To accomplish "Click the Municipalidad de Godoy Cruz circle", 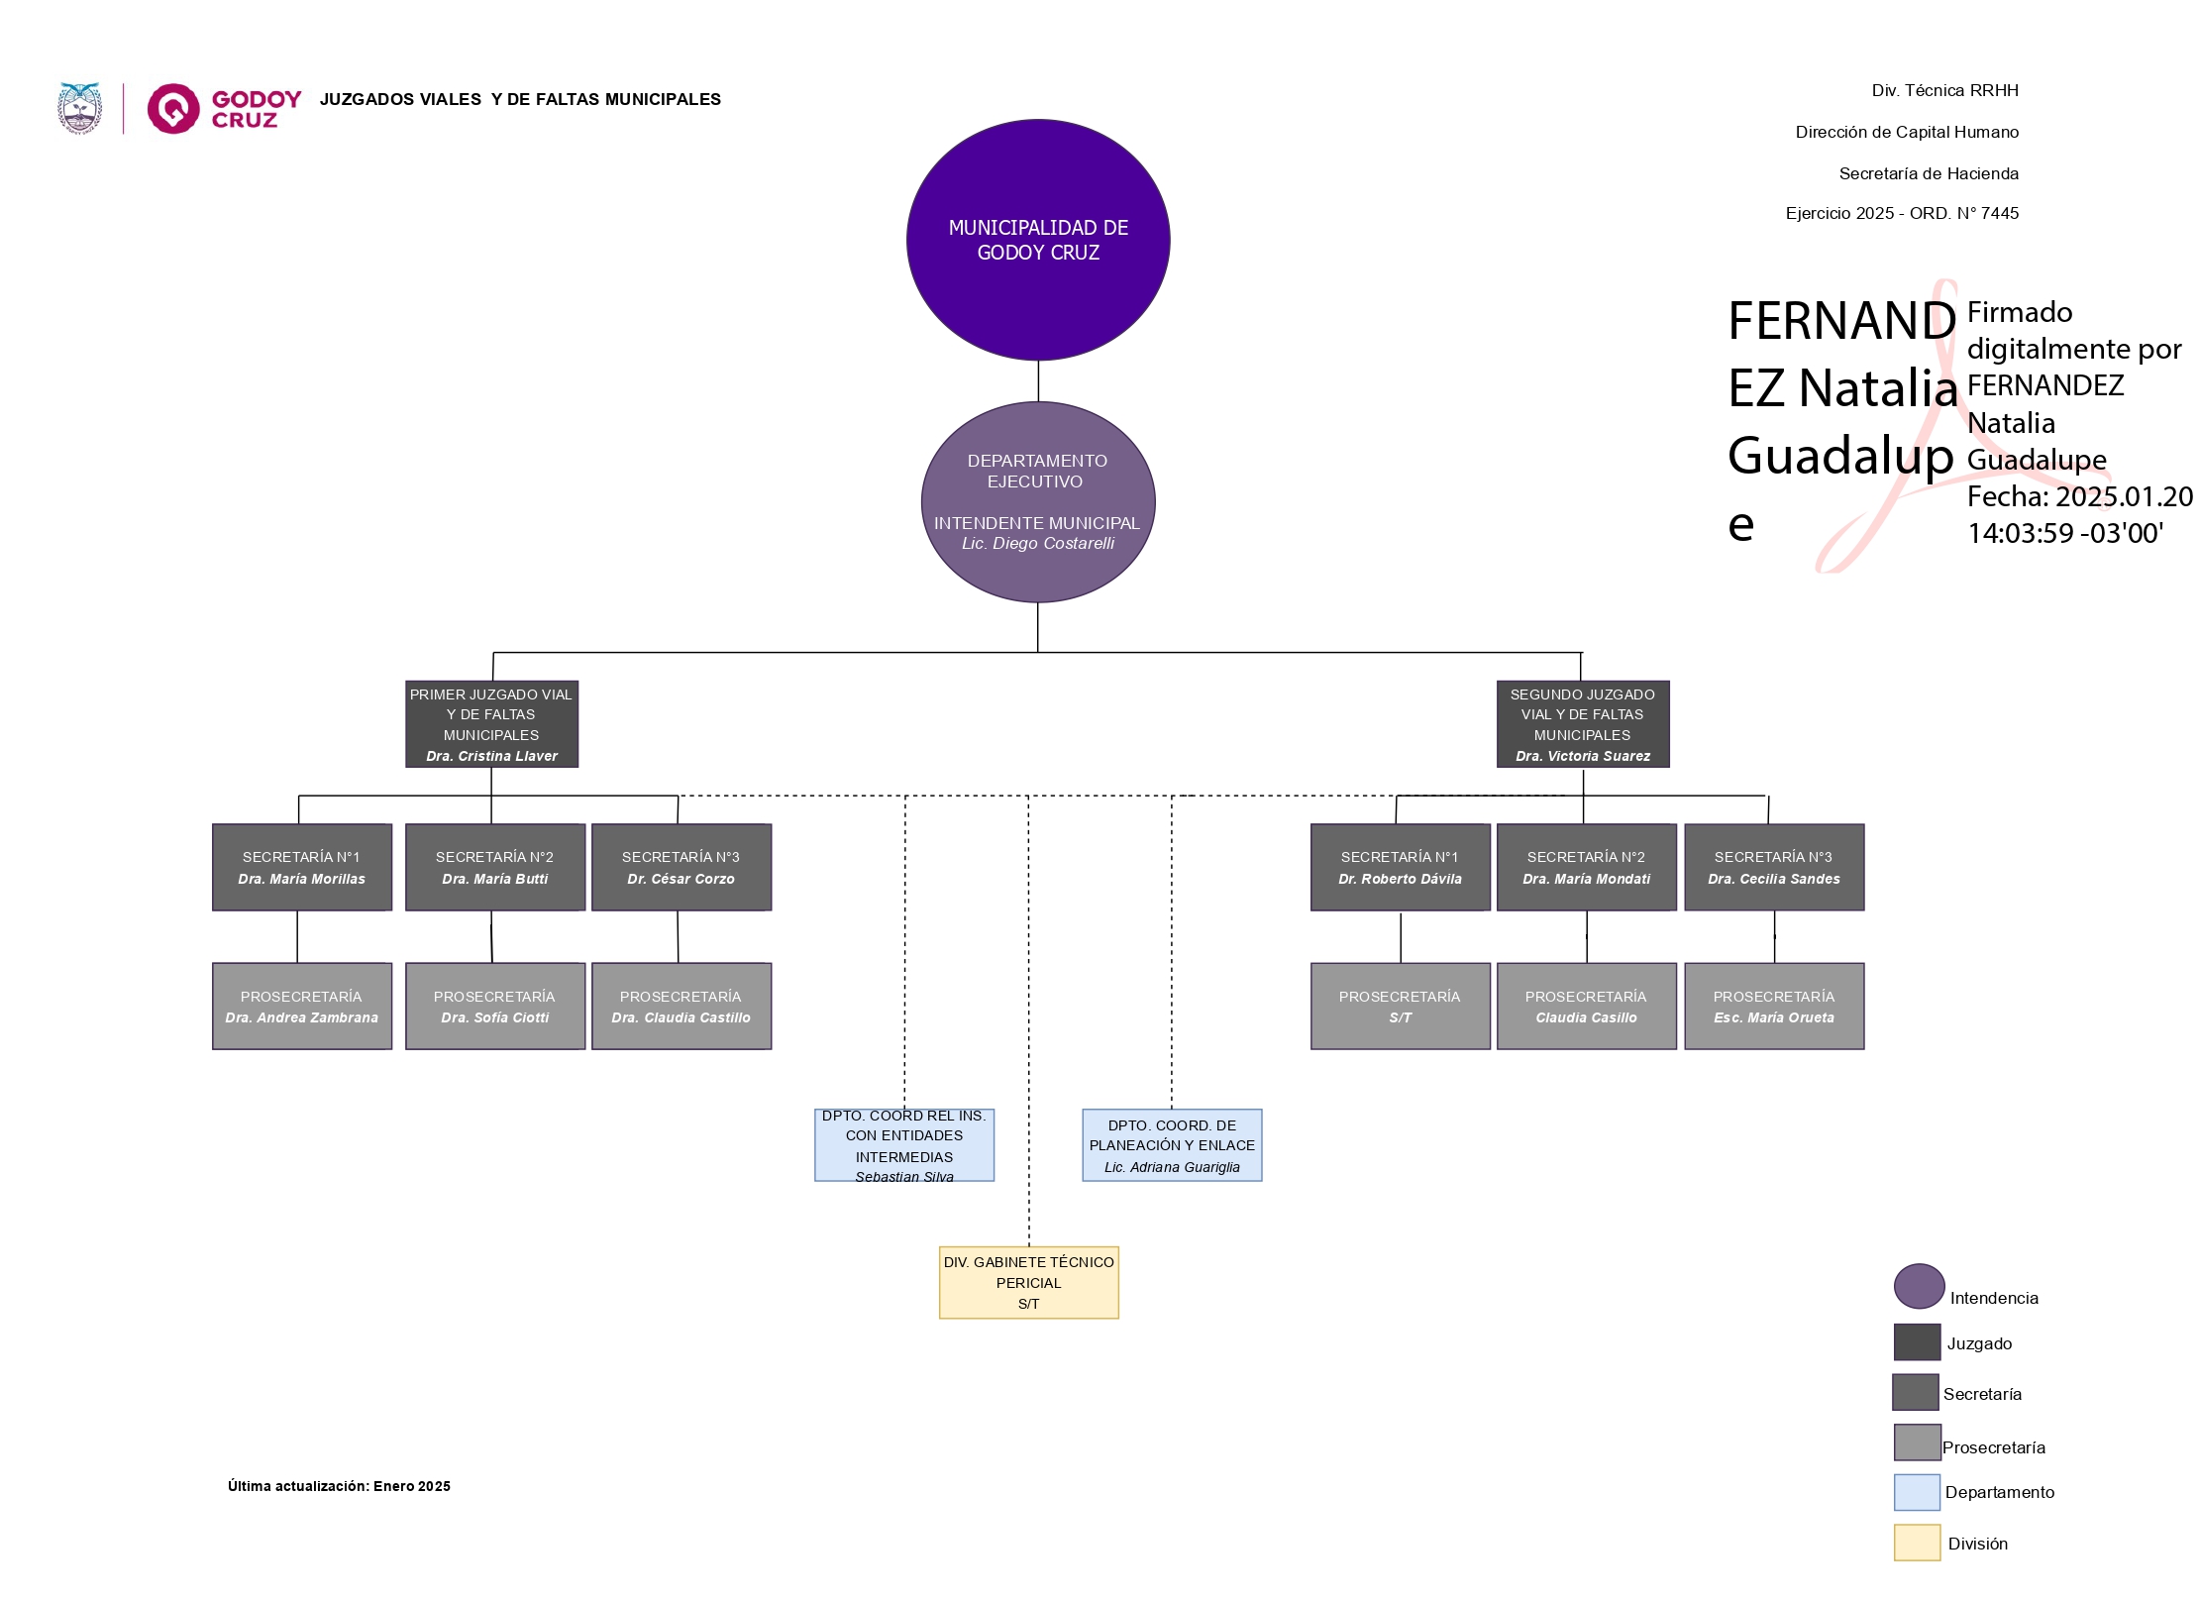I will [1038, 240].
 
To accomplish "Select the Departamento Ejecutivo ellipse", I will [1038, 501].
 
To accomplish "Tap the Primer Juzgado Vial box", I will [491, 724].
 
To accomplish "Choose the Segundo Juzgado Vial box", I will [1582, 724].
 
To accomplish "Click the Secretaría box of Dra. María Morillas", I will [302, 867].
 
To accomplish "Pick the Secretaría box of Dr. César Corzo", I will [681, 867].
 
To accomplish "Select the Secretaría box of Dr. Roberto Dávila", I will [1400, 867].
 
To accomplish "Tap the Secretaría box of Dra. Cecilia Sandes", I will [1774, 867].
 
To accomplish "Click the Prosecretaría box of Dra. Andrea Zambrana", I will [302, 1006].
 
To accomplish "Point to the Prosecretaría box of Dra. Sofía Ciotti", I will [495, 1006].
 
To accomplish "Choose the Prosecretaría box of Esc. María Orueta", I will [1774, 1006].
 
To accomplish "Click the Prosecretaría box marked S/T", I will [1400, 1006].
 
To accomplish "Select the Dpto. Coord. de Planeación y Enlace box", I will [1172, 1145].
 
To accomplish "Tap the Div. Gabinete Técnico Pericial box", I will [1028, 1282].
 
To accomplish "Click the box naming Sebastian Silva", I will [904, 1145].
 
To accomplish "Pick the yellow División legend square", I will [1917, 1543].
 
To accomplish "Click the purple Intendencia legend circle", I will [1919, 1286].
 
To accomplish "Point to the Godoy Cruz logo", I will [225, 109].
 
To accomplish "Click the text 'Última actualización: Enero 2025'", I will [339, 1486].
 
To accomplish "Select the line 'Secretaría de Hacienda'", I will [1928, 173].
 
